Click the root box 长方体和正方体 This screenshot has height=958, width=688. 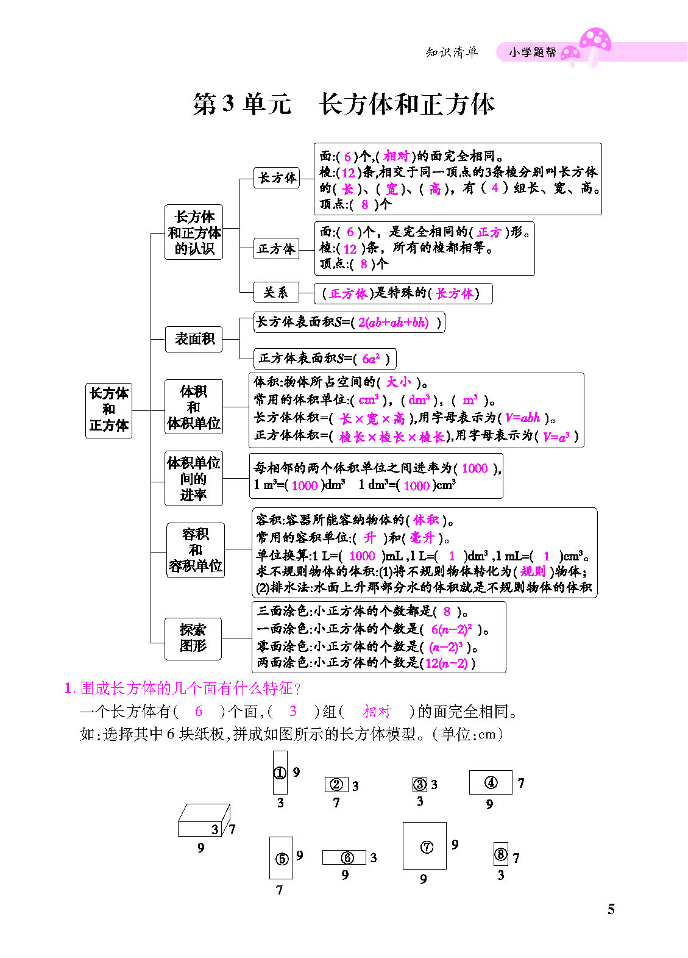[x=108, y=410]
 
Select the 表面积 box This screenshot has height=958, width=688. [x=194, y=339]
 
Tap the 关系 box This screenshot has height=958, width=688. [x=276, y=293]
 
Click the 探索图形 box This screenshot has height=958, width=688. [x=193, y=638]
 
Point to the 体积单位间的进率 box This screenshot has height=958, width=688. [x=194, y=479]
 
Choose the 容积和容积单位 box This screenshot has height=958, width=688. [x=195, y=551]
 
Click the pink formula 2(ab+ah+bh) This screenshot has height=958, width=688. [x=393, y=323]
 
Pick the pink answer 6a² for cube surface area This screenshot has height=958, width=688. [x=371, y=359]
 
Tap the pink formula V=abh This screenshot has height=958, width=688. [x=522, y=418]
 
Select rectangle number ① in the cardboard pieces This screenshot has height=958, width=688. [x=280, y=773]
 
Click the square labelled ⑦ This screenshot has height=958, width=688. [x=425, y=846]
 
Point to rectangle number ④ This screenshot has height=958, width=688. [x=491, y=782]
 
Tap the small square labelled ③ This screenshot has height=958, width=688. [x=420, y=784]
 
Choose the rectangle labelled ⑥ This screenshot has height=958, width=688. [x=344, y=857]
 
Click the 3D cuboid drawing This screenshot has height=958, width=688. [x=204, y=820]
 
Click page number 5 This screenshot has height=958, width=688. [x=611, y=909]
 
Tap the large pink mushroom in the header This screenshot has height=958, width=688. [x=595, y=46]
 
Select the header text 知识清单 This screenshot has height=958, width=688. [x=452, y=52]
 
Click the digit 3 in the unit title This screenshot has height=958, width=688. [x=228, y=103]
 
